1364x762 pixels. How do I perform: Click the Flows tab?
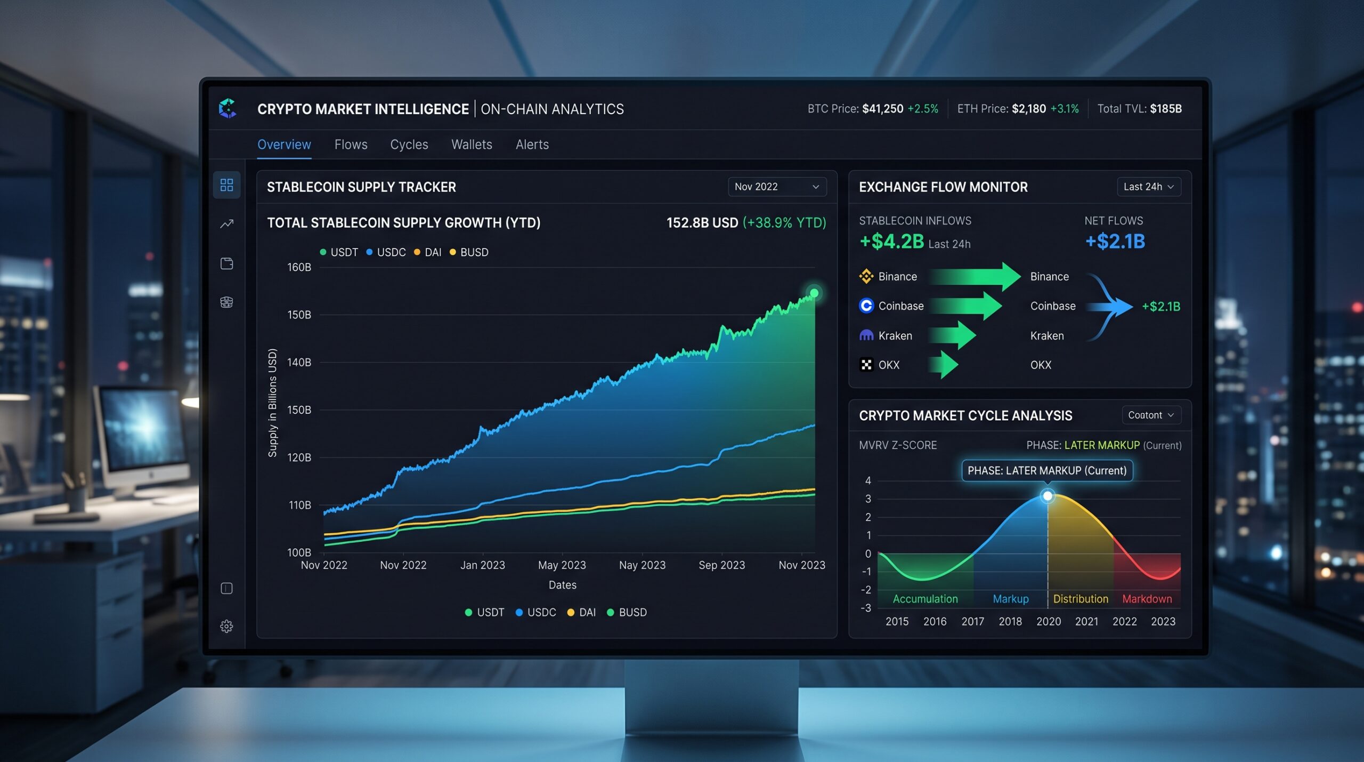[351, 145]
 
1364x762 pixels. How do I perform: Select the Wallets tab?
[472, 145]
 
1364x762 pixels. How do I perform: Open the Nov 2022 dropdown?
[777, 187]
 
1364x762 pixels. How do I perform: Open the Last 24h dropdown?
[1149, 187]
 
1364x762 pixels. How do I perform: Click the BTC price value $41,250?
[882, 109]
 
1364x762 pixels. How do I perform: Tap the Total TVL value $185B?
[1166, 109]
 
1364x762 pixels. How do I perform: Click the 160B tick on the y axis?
[299, 267]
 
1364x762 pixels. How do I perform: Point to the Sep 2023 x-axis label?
[721, 565]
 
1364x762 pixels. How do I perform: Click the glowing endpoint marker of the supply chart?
[814, 293]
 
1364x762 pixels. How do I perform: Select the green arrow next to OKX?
[944, 365]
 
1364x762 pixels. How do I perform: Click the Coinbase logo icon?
[866, 306]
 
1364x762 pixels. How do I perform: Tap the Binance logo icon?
[866, 276]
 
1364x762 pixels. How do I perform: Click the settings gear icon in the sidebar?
[226, 626]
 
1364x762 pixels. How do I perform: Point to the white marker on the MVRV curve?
[1048, 496]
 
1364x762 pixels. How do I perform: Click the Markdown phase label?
[1147, 599]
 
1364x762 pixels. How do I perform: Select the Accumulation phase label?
[925, 599]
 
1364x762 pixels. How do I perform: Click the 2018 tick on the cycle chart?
[1010, 621]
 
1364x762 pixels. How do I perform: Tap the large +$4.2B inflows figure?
[892, 242]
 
